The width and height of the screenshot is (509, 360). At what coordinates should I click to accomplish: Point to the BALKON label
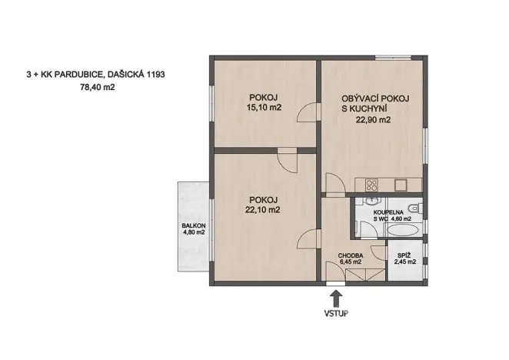(192, 226)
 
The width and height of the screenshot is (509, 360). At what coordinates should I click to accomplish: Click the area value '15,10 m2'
(264, 108)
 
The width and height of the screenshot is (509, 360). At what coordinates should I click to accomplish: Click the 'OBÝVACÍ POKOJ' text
(376, 98)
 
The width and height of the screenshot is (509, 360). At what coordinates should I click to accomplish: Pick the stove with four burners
(371, 185)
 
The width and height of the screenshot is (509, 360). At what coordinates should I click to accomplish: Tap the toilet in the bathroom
(414, 207)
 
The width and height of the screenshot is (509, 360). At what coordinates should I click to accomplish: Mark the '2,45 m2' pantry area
(405, 262)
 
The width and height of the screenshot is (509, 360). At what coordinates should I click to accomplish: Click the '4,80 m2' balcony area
(192, 233)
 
